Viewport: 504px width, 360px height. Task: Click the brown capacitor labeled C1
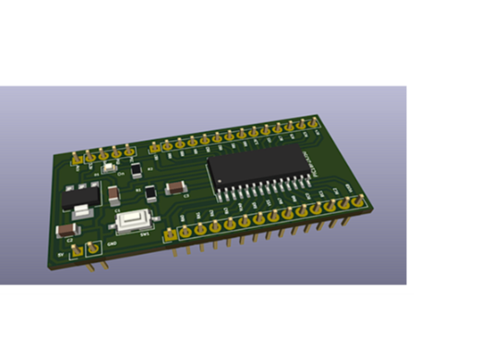[113, 193]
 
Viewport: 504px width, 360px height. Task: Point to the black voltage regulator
[79, 198]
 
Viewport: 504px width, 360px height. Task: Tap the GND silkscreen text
[112, 243]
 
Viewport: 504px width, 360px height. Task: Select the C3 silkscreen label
[186, 196]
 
